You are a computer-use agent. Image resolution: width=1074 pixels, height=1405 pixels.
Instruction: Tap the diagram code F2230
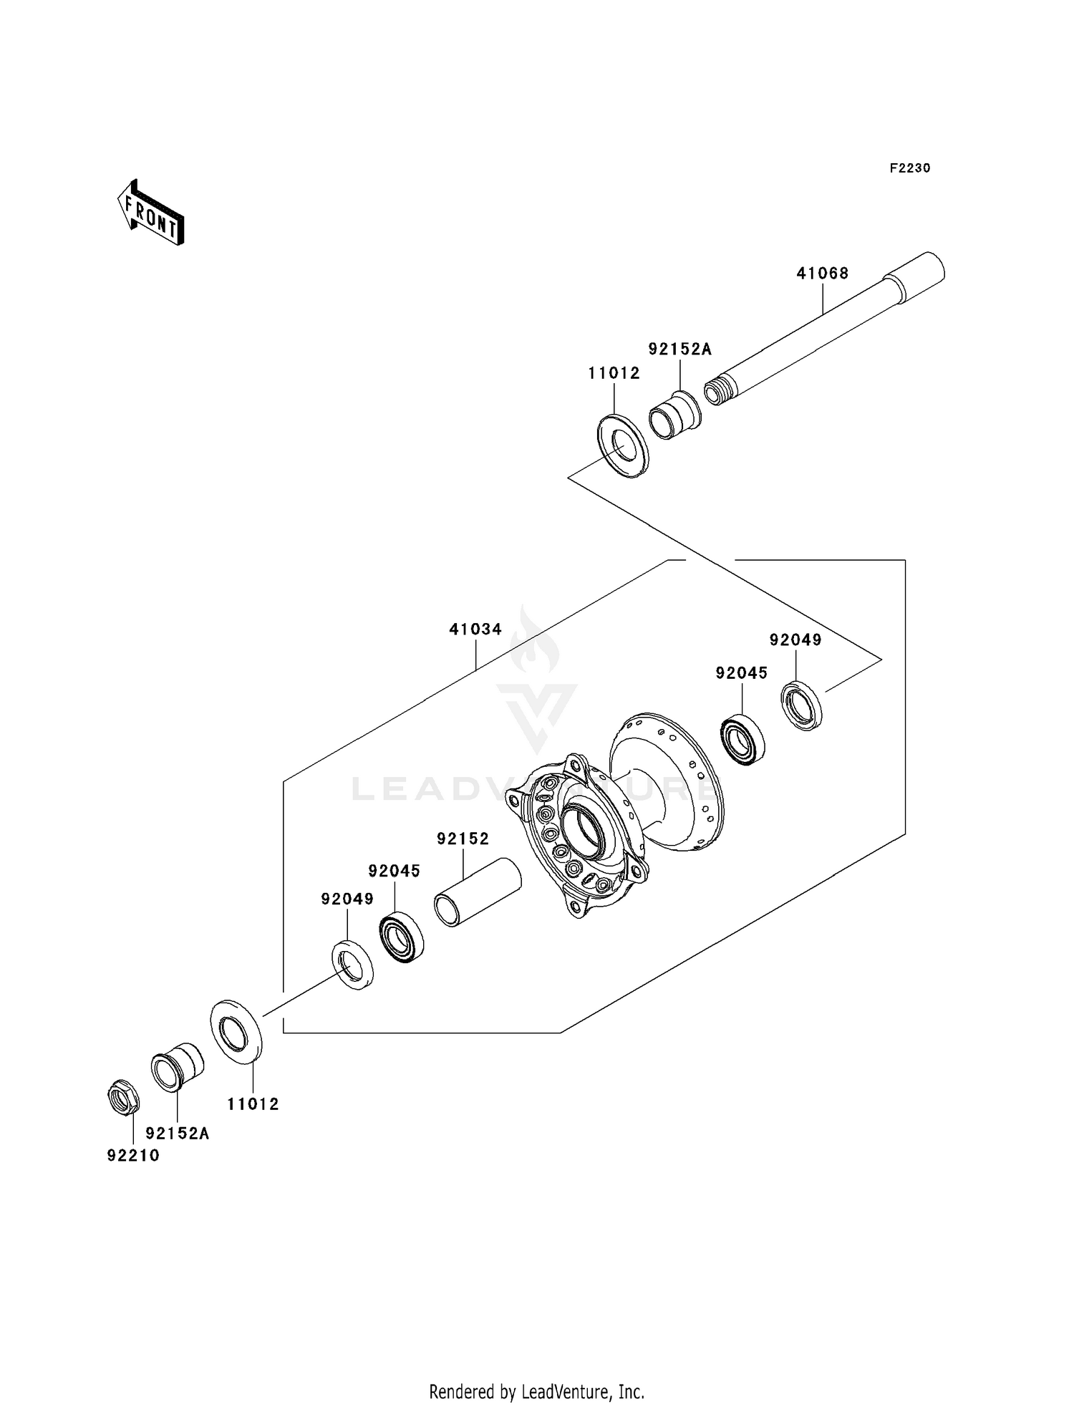tap(909, 168)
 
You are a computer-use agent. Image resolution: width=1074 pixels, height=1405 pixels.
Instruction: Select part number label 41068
tap(823, 273)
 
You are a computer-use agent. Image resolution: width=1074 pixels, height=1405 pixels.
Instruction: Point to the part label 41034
tap(475, 629)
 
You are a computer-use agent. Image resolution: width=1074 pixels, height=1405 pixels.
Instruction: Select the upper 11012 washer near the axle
tap(622, 445)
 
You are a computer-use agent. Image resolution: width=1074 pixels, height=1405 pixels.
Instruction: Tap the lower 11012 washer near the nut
tap(236, 1030)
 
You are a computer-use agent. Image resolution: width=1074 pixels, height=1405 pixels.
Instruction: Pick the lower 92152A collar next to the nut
tap(177, 1067)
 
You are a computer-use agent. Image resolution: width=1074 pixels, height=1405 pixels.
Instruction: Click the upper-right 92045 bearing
tap(742, 739)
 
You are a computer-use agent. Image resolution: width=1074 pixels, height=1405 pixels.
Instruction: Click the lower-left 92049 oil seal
tap(352, 965)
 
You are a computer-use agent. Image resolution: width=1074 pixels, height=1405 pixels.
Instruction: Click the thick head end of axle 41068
tap(916, 276)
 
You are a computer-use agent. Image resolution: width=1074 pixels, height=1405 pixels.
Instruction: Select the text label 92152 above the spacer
tap(463, 839)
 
